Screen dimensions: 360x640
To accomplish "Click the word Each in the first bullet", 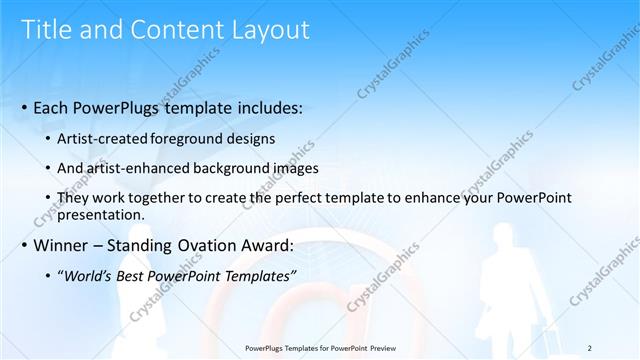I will (53, 105).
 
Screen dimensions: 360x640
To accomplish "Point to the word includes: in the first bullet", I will (266, 105).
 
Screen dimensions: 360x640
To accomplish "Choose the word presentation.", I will (103, 215).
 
